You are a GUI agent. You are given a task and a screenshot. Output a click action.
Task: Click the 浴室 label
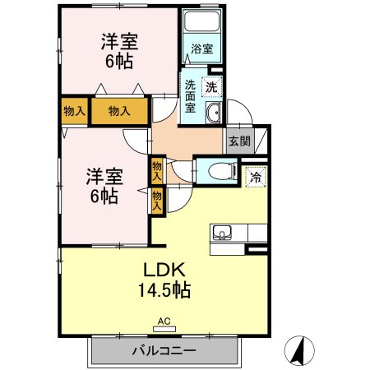coord(202,49)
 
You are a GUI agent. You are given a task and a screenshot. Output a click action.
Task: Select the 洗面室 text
coord(190,95)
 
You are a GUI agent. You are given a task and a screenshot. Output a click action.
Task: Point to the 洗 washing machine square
coord(211,86)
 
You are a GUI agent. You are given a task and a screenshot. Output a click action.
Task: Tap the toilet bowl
coord(216,171)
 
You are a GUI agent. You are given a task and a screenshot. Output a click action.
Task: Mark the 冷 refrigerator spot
coord(256,175)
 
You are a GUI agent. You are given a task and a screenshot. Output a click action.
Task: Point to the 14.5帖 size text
coord(169,290)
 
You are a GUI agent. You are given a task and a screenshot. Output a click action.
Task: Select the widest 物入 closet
coord(119,111)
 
